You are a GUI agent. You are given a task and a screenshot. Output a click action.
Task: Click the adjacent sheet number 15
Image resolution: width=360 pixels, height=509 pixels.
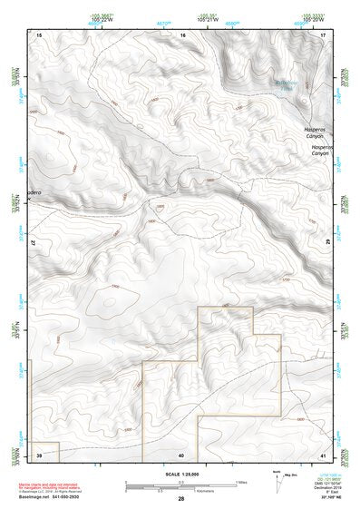click(39, 34)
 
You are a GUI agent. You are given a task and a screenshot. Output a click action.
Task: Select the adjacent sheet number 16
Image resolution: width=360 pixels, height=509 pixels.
click(182, 34)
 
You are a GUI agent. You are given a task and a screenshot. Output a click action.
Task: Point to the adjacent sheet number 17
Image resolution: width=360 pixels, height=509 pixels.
click(324, 34)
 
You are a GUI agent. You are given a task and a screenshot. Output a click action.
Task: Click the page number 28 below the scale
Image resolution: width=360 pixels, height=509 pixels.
click(180, 500)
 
